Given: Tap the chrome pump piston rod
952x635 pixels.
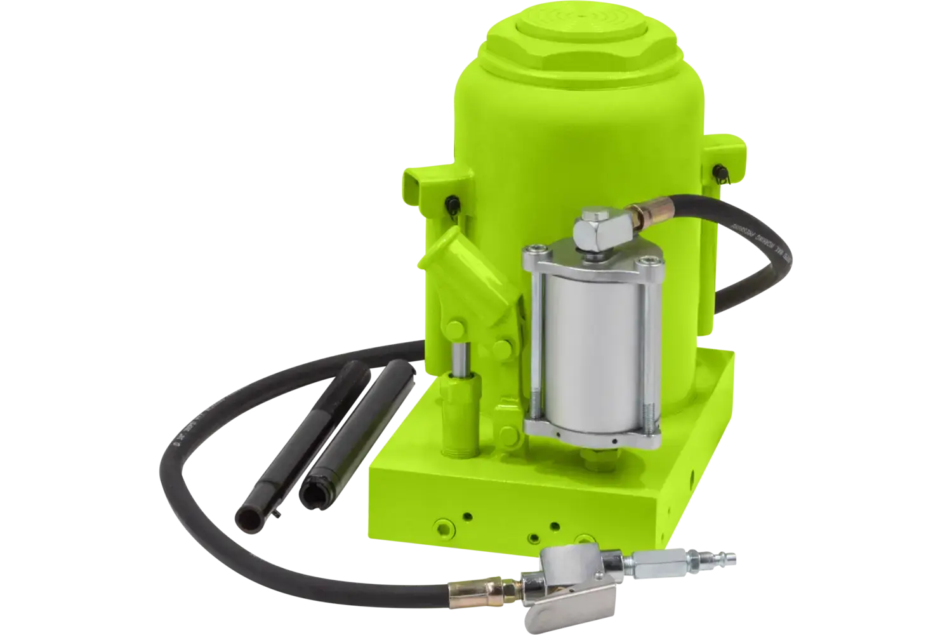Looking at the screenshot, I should tap(458, 358).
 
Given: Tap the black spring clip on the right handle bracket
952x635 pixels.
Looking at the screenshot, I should tap(723, 173).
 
